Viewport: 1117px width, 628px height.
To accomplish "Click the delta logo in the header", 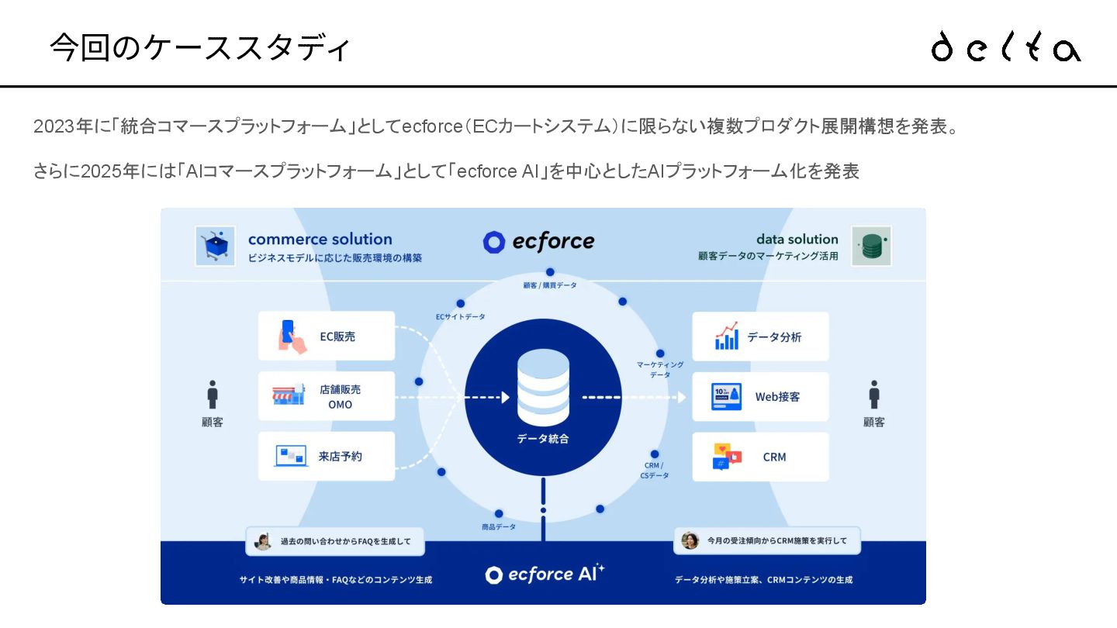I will point(1005,47).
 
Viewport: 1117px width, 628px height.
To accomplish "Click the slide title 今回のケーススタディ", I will point(200,47).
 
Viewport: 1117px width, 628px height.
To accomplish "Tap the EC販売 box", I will point(327,336).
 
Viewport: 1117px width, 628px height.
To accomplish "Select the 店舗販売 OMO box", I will point(327,396).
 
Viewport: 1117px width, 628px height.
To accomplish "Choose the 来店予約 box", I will point(327,456).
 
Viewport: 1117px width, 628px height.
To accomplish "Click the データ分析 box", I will point(760,336).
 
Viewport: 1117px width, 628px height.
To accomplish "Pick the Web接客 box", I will point(760,396).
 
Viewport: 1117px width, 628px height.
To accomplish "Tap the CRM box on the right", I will point(760,457).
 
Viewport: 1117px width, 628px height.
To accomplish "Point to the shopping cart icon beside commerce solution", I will point(215,246).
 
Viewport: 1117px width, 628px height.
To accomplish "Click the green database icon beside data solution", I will point(871,246).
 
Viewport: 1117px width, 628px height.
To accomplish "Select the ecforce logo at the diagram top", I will point(538,242).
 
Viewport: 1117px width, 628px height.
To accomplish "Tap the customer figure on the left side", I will point(213,395).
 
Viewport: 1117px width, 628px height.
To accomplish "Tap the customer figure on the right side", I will point(874,395).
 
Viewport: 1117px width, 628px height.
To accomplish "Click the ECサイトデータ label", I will point(460,316).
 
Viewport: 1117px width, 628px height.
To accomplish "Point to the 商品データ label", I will point(498,526).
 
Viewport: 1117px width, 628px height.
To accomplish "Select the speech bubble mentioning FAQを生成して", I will point(335,541).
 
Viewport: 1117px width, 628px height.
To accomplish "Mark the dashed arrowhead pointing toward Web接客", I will point(681,397).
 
